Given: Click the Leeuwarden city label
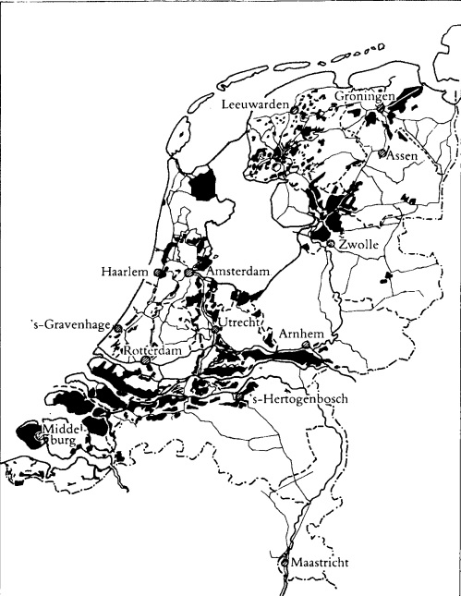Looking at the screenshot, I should click(x=256, y=103).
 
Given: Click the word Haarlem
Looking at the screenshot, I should click(x=127, y=274).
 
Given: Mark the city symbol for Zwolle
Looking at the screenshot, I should click(x=330, y=242).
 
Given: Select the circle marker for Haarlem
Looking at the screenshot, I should click(x=159, y=274).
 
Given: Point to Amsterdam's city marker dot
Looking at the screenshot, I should click(x=188, y=274).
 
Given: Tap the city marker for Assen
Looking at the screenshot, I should click(x=382, y=153).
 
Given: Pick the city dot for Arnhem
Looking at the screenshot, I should click(x=318, y=347).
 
